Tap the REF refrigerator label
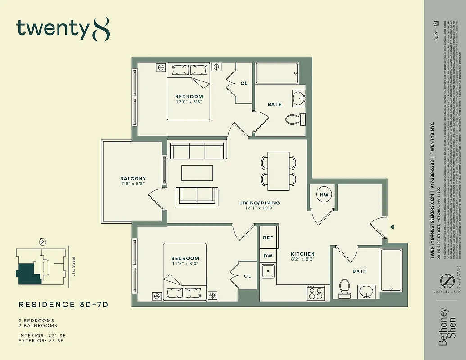pyautogui.click(x=268, y=238)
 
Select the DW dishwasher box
pyautogui.click(x=268, y=256)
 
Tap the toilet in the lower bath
pyautogui.click(x=344, y=287)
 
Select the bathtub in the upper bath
pyautogui.click(x=277, y=73)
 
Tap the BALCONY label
pyautogui.click(x=133, y=179)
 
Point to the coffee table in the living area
pyautogui.click(x=197, y=173)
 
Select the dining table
pyautogui.click(x=278, y=170)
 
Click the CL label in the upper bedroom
pyautogui.click(x=244, y=83)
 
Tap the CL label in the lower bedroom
pyautogui.click(x=247, y=276)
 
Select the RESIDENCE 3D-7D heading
pyautogui.click(x=63, y=305)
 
